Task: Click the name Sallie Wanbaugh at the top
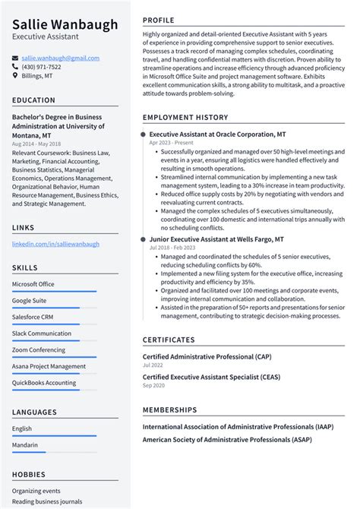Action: [65, 24]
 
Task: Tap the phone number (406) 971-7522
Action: [41, 67]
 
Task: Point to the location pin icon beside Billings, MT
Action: [16, 76]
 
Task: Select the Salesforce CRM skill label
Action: [33, 316]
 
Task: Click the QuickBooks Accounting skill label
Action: [44, 383]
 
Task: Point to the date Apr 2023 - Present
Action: [172, 142]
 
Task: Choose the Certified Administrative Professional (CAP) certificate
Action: [207, 356]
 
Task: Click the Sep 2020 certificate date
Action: [153, 385]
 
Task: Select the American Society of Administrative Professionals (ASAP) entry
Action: [226, 438]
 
